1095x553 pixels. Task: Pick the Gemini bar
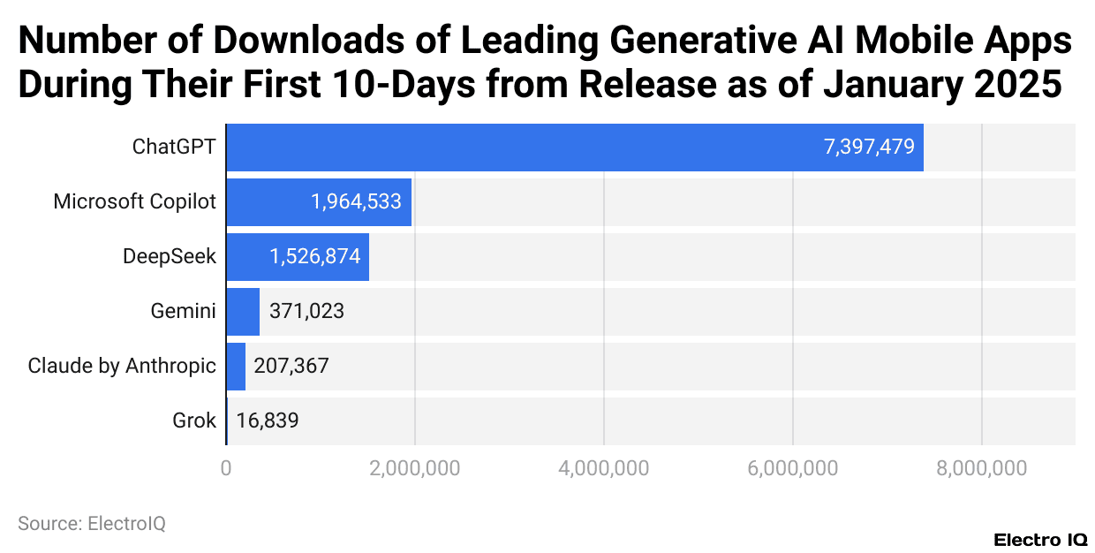(243, 311)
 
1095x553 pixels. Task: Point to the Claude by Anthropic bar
(236, 366)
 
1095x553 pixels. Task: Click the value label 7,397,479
(869, 148)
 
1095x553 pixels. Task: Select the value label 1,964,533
(356, 201)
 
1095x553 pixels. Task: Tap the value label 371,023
(306, 311)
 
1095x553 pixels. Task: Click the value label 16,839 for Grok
(268, 420)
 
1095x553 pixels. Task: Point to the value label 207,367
(291, 366)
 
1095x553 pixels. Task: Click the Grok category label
(194, 420)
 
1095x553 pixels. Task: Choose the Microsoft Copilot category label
(134, 201)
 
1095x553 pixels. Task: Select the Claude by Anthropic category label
(122, 366)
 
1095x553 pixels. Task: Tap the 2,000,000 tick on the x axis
(415, 468)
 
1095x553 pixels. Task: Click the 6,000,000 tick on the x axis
(792, 468)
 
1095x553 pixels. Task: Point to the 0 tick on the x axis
(227, 468)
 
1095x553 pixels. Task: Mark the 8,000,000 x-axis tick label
(981, 468)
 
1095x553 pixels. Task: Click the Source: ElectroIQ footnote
(92, 523)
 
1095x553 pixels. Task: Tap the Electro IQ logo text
(1040, 540)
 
